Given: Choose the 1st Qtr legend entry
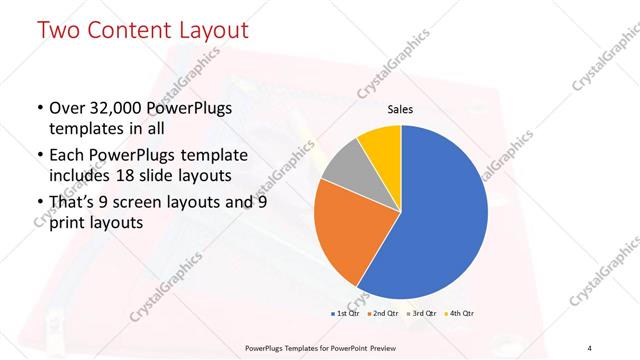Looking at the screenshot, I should pyautogui.click(x=346, y=313).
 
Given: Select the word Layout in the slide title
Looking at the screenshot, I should pyautogui.click(x=208, y=30).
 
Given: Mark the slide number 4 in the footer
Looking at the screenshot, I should pyautogui.click(x=590, y=347).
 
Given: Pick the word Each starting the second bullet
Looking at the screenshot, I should pyautogui.click(x=68, y=157).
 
